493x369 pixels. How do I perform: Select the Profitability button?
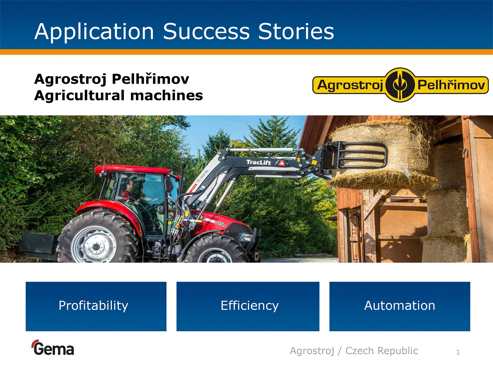(x=96, y=306)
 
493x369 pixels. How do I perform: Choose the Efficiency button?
(x=248, y=306)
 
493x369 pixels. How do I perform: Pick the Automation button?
(x=400, y=306)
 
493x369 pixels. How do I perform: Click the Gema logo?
(x=53, y=348)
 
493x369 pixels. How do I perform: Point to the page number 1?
(x=458, y=352)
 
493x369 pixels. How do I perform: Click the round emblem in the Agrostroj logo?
(x=400, y=85)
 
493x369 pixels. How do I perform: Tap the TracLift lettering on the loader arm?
(x=258, y=162)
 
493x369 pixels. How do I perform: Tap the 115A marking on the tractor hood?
(x=220, y=224)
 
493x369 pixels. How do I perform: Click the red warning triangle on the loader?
(x=282, y=163)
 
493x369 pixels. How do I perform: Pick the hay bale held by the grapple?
(x=382, y=155)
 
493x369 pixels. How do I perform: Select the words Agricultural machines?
(x=118, y=96)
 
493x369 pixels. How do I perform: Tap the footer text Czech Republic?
(x=382, y=351)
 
